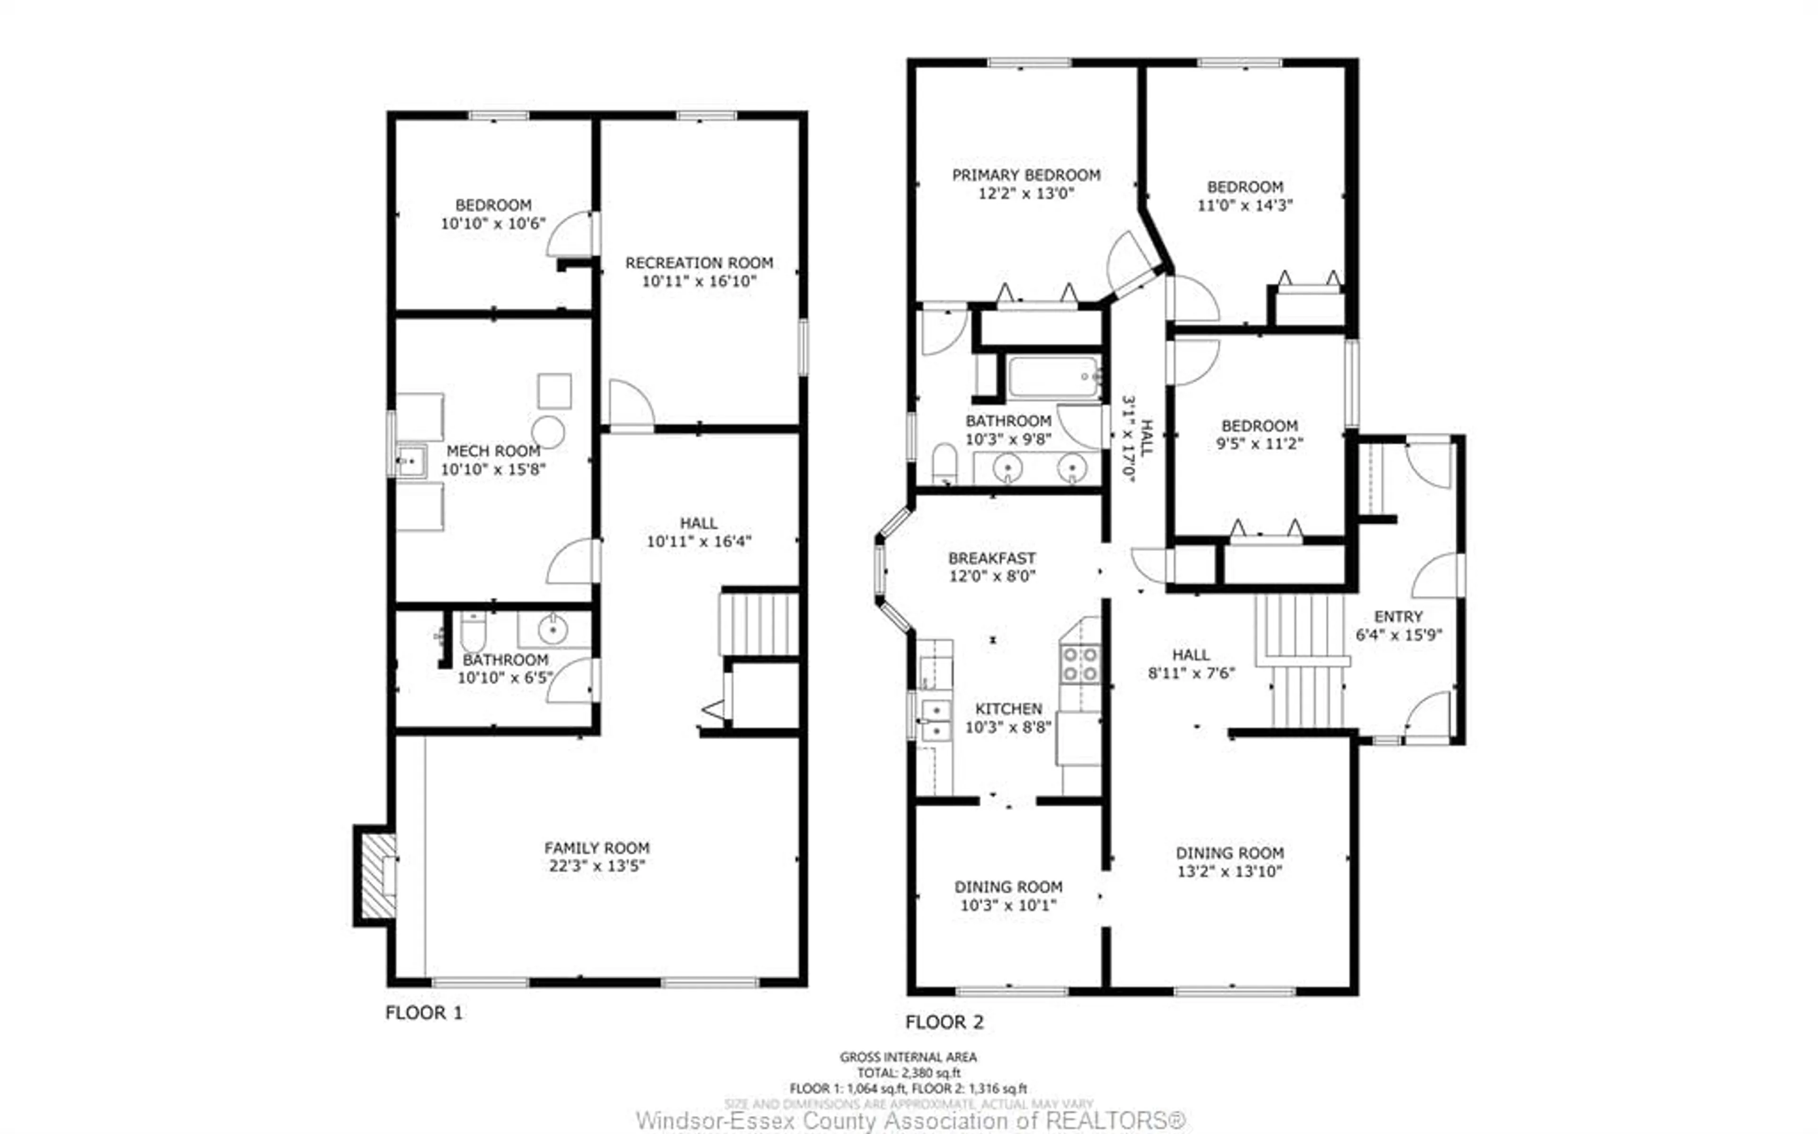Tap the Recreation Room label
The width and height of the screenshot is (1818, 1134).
[x=699, y=263]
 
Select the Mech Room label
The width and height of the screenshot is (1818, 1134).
[x=493, y=451]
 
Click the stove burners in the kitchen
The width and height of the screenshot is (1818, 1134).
[x=1079, y=664]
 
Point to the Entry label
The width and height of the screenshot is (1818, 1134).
[x=1398, y=617]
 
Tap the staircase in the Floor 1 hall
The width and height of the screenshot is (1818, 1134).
[x=758, y=624]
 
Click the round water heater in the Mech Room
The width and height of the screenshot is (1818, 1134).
[x=548, y=433]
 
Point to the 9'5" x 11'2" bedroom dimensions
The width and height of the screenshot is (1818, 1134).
[x=1259, y=444]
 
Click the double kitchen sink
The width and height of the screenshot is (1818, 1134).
[x=936, y=720]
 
